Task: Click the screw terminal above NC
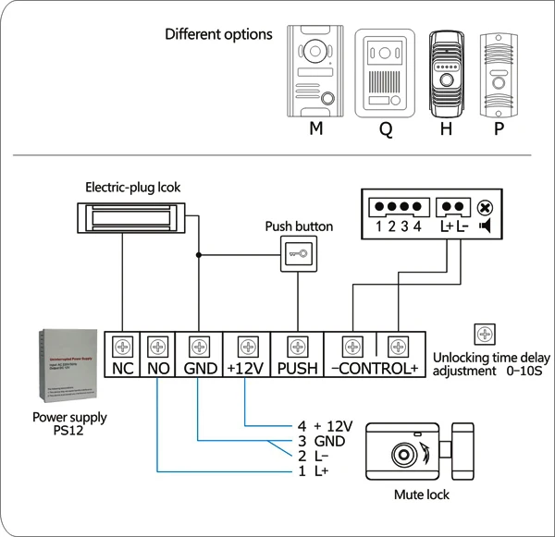click(x=124, y=348)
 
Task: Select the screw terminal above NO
click(x=158, y=348)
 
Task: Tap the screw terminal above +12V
click(x=245, y=348)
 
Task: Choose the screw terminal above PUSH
click(x=296, y=348)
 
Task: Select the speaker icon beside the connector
click(x=486, y=226)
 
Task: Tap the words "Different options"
click(x=218, y=34)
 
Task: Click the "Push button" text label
click(x=299, y=226)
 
